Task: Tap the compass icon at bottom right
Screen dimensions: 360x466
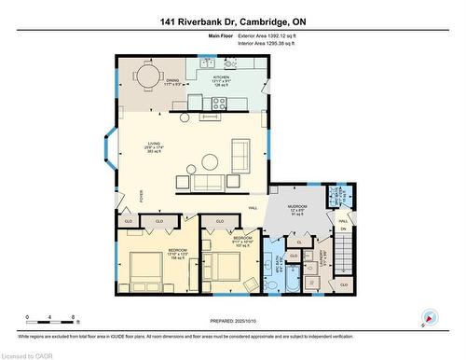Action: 430,317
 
